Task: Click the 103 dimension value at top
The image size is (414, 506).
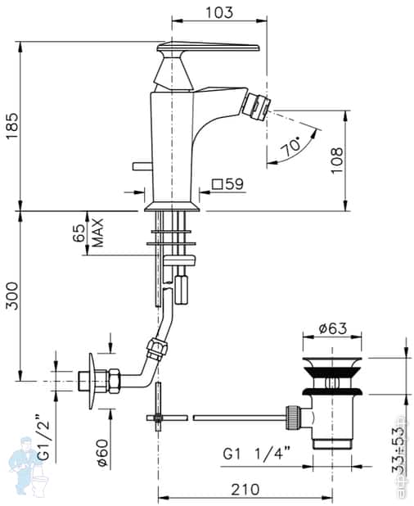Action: tap(219, 12)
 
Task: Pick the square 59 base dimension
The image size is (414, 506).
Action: tap(228, 185)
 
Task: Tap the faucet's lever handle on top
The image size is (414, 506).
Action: tap(209, 47)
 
